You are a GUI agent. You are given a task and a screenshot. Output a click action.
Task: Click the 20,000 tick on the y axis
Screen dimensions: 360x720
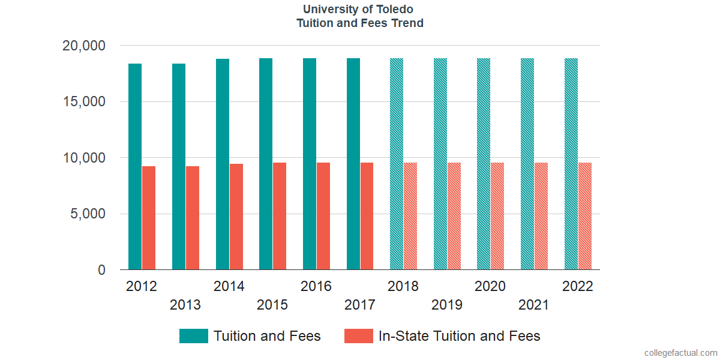84,46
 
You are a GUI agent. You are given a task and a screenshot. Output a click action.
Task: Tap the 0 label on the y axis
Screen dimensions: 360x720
102,271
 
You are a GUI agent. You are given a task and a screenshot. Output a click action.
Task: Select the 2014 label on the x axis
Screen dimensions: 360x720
229,286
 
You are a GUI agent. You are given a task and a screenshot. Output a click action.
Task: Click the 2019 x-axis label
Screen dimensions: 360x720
447,305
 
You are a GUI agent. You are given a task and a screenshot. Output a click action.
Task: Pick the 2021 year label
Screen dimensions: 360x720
534,305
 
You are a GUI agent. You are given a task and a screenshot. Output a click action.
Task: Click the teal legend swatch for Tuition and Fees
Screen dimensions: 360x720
193,336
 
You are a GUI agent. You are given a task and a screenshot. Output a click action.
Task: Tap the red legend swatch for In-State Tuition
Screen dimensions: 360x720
358,336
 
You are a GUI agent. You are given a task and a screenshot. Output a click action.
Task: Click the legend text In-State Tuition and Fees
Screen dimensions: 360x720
459,336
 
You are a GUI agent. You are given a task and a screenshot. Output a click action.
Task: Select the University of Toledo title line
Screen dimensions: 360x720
359,10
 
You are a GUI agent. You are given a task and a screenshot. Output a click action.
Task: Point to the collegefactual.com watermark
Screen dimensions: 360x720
680,353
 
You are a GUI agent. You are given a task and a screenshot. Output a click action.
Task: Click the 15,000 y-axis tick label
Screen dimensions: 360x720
84,102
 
